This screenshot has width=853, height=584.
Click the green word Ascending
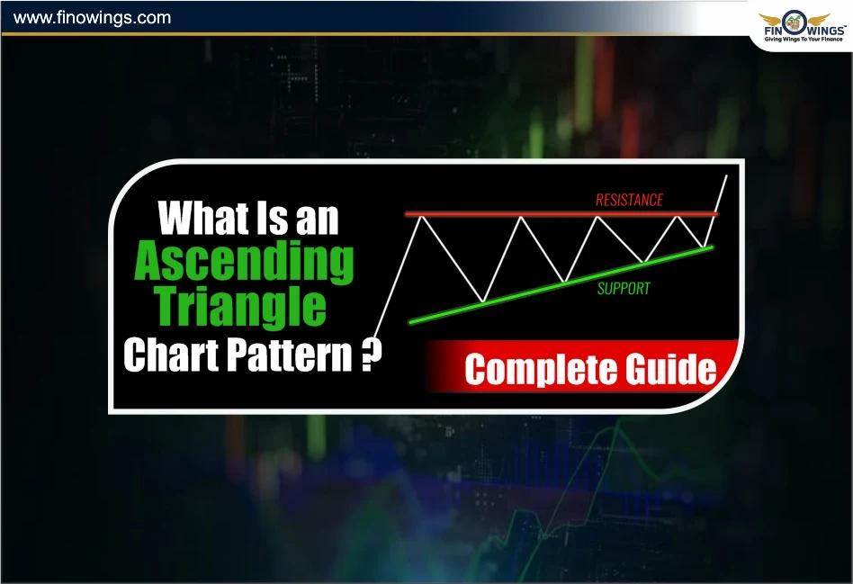coord(244,263)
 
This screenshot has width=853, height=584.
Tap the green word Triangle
coord(241,307)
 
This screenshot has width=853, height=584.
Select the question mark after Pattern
coord(368,354)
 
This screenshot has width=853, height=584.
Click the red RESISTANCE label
coord(629,200)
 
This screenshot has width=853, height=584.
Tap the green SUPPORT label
coord(624,289)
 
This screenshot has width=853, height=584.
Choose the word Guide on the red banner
coord(667,370)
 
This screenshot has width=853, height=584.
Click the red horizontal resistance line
coord(558,214)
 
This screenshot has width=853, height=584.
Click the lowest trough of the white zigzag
coord(484,301)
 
